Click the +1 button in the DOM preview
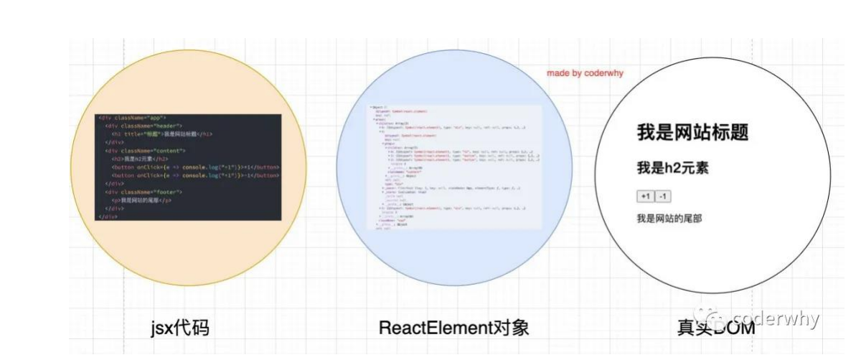point(645,196)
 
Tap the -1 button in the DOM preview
point(662,196)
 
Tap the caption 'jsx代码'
point(180,328)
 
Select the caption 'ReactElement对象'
point(453,328)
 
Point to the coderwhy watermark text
point(775,319)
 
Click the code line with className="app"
point(133,118)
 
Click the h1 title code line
point(162,134)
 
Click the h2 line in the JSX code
point(140,159)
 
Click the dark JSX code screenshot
point(189,166)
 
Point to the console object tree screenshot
point(453,167)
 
